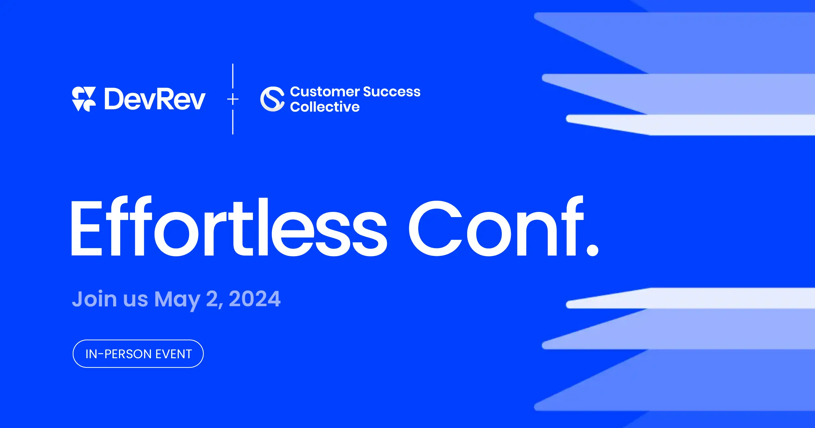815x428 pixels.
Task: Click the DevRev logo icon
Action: click(x=84, y=99)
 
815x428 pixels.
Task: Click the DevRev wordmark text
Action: click(x=155, y=99)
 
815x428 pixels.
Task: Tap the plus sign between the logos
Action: click(x=233, y=99)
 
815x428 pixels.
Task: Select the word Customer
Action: click(x=324, y=92)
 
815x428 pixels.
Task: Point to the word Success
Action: click(x=392, y=92)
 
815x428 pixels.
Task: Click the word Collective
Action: click(x=325, y=107)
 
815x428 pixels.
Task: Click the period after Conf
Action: click(x=592, y=250)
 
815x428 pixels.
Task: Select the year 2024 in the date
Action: click(x=255, y=299)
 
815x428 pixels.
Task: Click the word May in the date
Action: click(x=177, y=300)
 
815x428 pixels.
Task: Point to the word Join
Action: click(x=94, y=299)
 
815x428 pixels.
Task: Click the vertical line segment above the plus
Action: click(x=233, y=76)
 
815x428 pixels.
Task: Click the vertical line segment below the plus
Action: click(x=233, y=122)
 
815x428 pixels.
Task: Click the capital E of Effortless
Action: click(x=86, y=228)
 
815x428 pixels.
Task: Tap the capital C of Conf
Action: click(x=435, y=228)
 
